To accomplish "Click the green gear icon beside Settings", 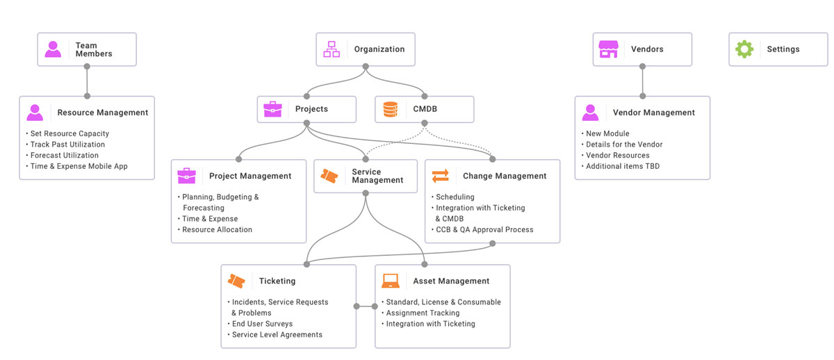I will [744, 49].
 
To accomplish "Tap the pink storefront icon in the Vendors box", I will [608, 49].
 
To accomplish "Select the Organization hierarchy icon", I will [332, 49].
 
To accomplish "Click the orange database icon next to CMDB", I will [391, 109].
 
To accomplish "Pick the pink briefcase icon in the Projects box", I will [272, 109].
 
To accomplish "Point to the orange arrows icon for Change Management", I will [441, 176].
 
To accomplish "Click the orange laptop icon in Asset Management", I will [391, 281].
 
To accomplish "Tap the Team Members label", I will [93, 49].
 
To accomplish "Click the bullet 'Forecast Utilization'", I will [64, 156].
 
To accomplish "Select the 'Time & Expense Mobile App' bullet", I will [79, 167].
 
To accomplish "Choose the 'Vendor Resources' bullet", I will [617, 156].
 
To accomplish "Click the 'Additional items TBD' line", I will [622, 167].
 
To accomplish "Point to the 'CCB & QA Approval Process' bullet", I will [484, 229].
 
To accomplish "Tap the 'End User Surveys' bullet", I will [262, 324].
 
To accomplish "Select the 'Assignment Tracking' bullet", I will [423, 313].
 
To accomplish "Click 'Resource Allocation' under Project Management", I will [217, 229].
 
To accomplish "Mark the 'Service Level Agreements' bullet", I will [277, 335].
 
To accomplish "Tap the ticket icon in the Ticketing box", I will [236, 281].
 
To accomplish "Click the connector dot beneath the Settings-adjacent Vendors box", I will [642, 67].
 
